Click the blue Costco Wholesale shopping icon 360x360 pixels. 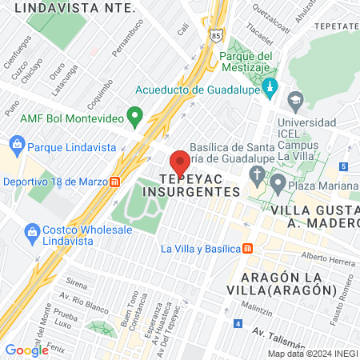[33, 234]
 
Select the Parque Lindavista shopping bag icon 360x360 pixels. [17, 146]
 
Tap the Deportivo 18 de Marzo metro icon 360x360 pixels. [117, 181]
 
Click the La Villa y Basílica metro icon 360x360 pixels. [247, 248]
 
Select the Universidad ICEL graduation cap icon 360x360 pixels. [295, 100]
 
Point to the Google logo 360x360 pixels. [26, 350]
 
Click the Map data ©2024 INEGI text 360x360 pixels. [312, 354]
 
